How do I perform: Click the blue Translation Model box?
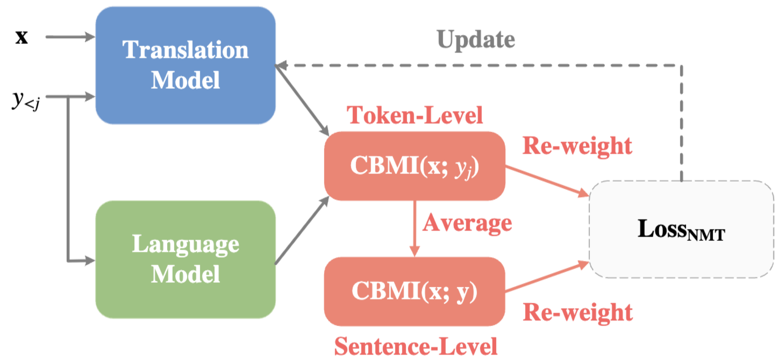coord(185,65)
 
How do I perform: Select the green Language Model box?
coord(185,259)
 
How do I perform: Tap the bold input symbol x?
coord(22,37)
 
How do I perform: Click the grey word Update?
coord(476,40)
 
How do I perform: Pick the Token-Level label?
coord(415,115)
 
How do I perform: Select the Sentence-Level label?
coord(416,346)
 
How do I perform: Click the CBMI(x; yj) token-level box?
coord(415,166)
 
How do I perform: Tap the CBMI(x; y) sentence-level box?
coord(415,291)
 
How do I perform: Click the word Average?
coord(467,223)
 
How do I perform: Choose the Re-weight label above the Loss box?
coord(577,146)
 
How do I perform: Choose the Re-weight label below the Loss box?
coord(578,312)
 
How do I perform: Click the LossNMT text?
coord(681,230)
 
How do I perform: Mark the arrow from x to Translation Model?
coord(70,37)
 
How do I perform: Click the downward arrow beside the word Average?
coord(415,228)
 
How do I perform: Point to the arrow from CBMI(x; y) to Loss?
coord(547,277)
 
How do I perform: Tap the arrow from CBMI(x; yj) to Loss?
coord(547,181)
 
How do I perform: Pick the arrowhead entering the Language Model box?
coord(90,261)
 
